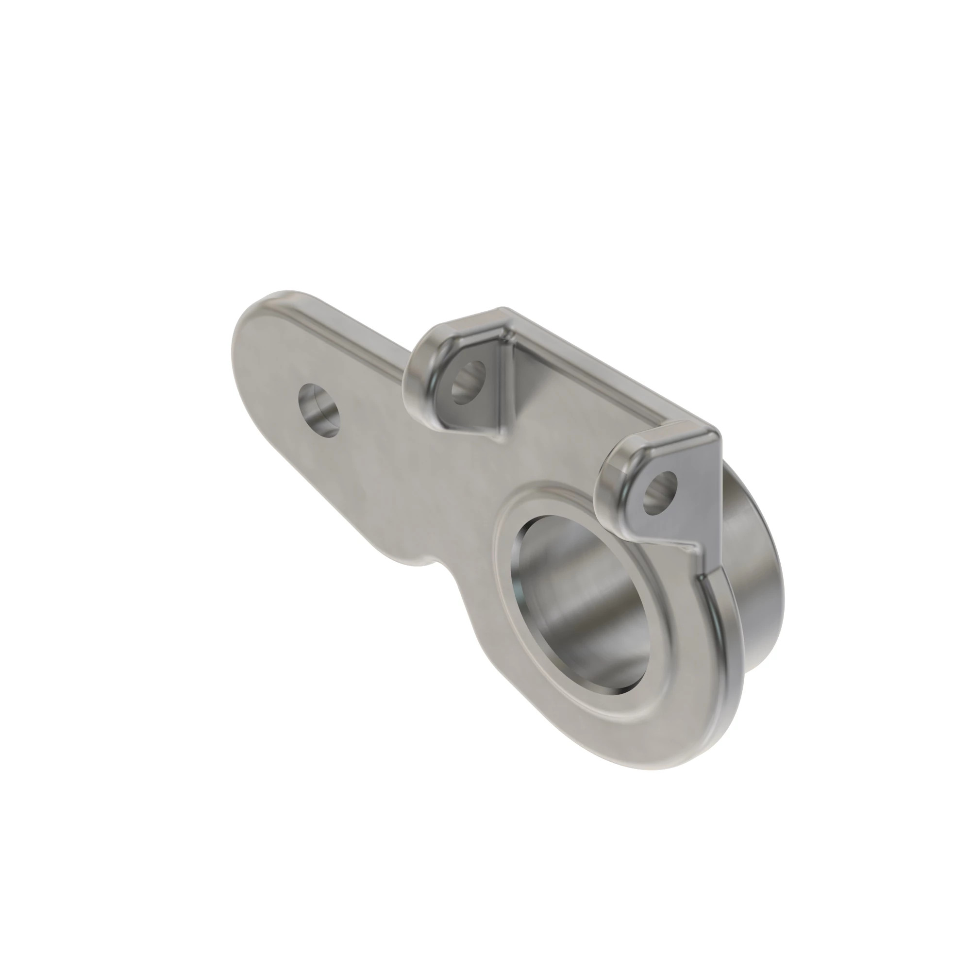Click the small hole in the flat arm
click(318, 410)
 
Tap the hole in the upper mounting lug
click(469, 383)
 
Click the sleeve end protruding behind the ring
click(754, 578)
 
